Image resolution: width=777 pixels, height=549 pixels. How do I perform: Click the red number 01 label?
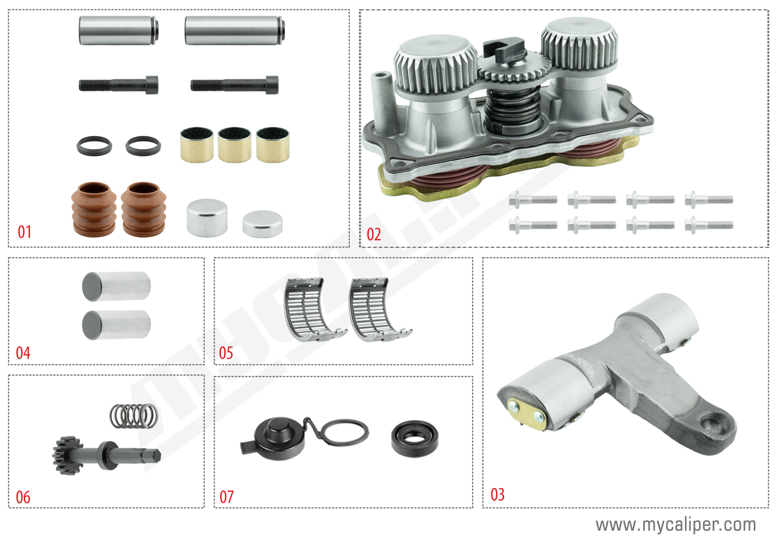25,232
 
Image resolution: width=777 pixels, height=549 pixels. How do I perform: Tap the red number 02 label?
374,234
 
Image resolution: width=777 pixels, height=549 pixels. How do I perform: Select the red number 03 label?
497,494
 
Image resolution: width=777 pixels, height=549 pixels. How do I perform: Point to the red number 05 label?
226,353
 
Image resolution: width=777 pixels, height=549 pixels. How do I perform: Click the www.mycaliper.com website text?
675,524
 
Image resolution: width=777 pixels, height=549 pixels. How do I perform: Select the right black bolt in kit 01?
235,85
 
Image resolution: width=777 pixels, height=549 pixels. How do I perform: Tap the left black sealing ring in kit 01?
94,146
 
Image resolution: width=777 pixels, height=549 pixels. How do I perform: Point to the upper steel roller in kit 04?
116,286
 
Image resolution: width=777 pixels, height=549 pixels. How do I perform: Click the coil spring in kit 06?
134,416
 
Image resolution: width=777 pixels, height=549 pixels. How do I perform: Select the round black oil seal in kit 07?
415,439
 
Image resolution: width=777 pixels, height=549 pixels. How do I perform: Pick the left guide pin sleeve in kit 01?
119,30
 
